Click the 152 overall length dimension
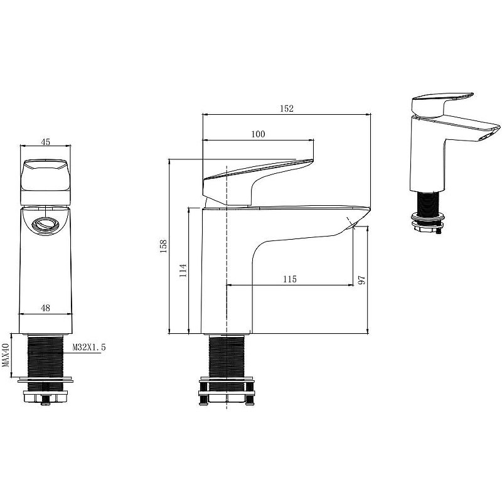coord(287,109)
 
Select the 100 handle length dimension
coord(258,134)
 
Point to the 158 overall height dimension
coord(164,246)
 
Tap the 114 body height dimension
coord(183,270)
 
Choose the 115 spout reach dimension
coord(290,279)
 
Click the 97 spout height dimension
coord(362,280)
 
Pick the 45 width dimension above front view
coord(46,142)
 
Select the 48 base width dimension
coord(45,308)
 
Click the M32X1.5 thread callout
coord(88,347)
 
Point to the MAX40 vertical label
coord(5,355)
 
